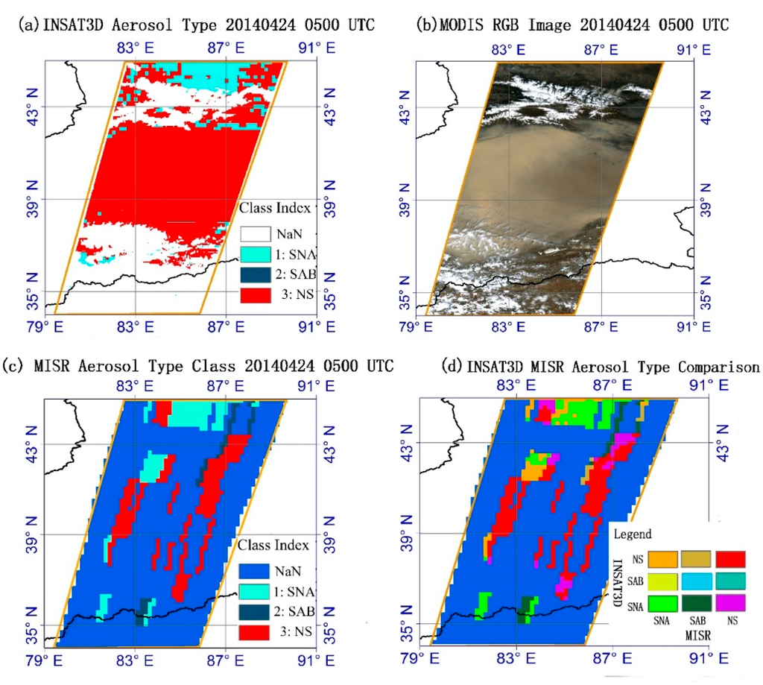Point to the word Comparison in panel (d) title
click(718, 366)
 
